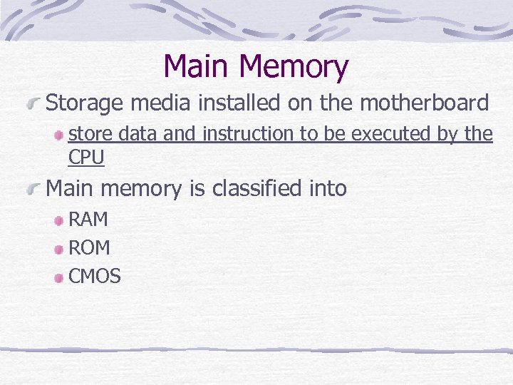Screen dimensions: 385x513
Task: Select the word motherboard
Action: (x=425, y=103)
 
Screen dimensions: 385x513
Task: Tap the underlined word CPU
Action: (x=86, y=158)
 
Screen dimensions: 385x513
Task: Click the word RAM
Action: (x=88, y=220)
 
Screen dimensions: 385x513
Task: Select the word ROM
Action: (x=89, y=247)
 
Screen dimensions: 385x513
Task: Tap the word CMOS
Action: (x=94, y=276)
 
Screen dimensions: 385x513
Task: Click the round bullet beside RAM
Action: (x=60, y=221)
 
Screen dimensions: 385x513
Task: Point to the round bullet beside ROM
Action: (x=60, y=249)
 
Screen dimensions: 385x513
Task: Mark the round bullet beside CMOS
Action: (x=60, y=277)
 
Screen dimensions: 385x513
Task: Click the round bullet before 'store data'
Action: (x=60, y=135)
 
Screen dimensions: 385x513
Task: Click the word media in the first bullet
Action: (x=165, y=103)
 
